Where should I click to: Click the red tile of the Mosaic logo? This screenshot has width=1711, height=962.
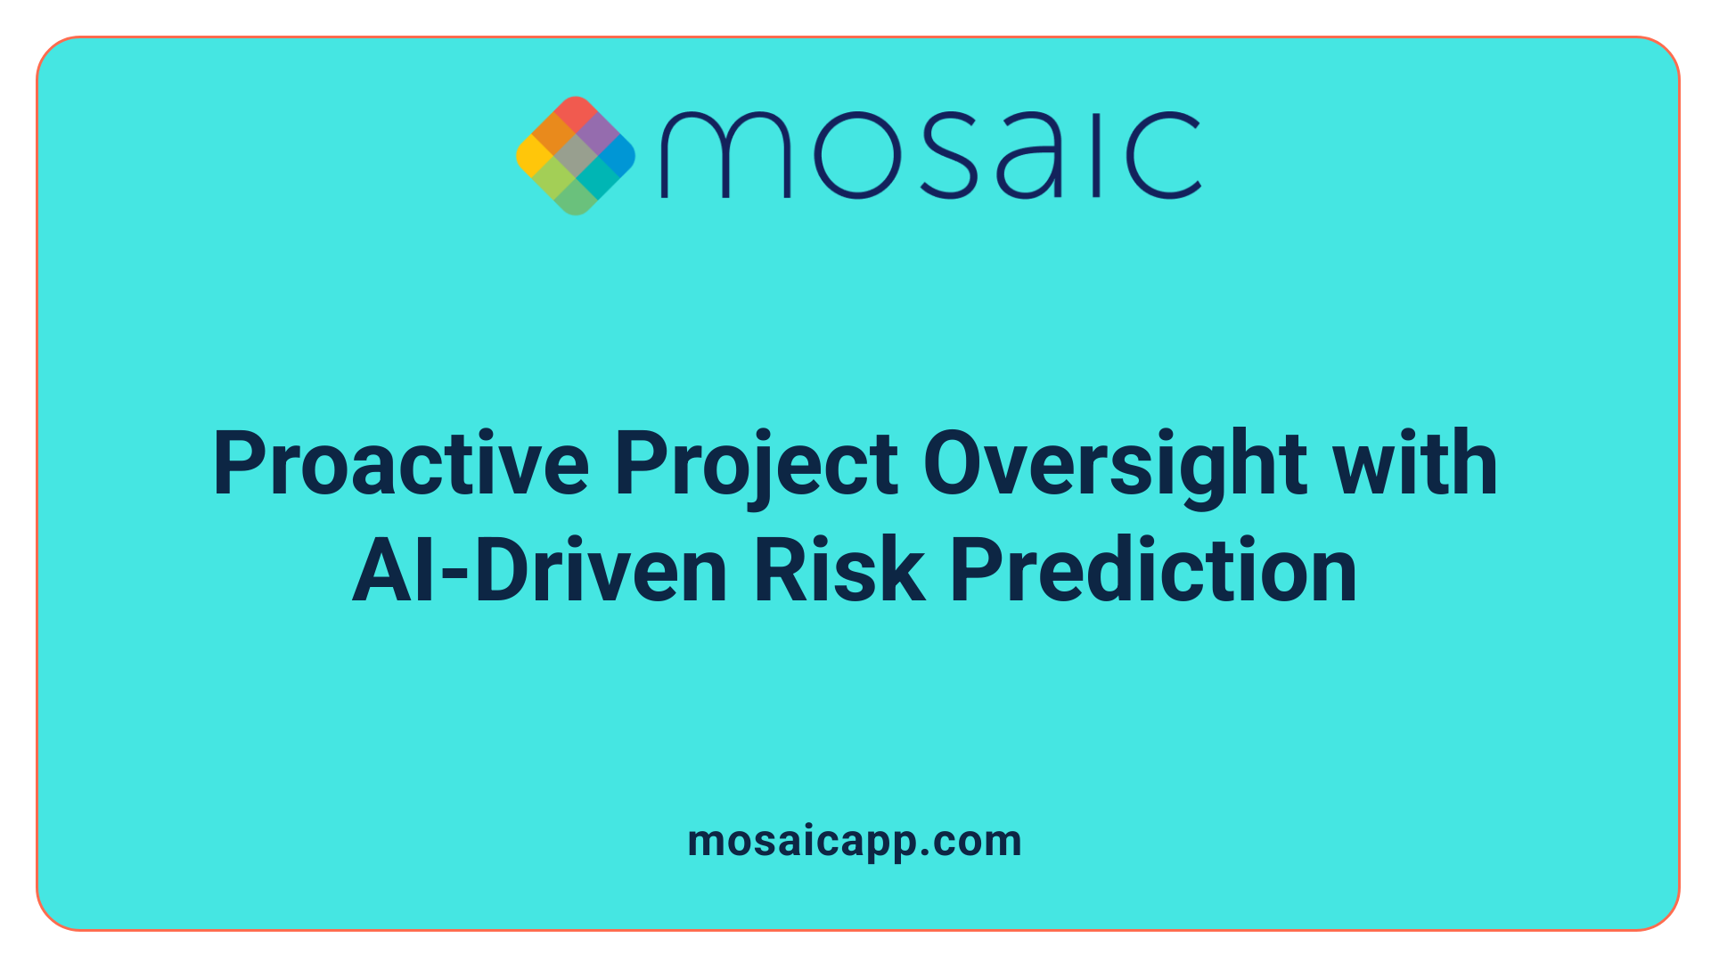[x=576, y=113]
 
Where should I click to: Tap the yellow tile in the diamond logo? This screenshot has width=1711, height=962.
[x=534, y=155]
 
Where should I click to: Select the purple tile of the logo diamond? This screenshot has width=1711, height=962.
[x=597, y=135]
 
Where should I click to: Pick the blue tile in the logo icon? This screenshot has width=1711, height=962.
[x=618, y=155]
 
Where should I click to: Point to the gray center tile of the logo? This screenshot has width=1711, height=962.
[x=576, y=155]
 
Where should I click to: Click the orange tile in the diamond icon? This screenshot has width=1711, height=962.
[x=554, y=135]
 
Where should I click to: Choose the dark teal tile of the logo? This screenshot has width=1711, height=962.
[x=597, y=176]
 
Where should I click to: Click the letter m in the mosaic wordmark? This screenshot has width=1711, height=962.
[x=725, y=155]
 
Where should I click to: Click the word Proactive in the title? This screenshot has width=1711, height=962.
[x=401, y=464]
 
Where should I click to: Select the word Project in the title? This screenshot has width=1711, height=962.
[x=757, y=464]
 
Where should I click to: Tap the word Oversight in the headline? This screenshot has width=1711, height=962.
[x=1115, y=464]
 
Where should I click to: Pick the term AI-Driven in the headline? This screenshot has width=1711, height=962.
[x=540, y=571]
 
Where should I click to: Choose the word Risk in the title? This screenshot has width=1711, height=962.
[x=839, y=571]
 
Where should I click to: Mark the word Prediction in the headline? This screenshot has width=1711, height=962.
[x=1153, y=571]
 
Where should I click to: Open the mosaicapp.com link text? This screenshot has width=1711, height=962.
[x=855, y=842]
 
